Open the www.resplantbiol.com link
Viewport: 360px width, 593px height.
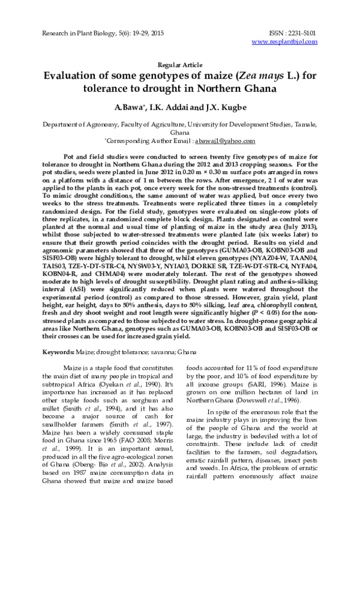tap(284, 41)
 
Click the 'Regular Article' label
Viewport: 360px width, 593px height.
tap(179, 65)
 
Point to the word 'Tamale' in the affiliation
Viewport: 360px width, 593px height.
tap(304, 124)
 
